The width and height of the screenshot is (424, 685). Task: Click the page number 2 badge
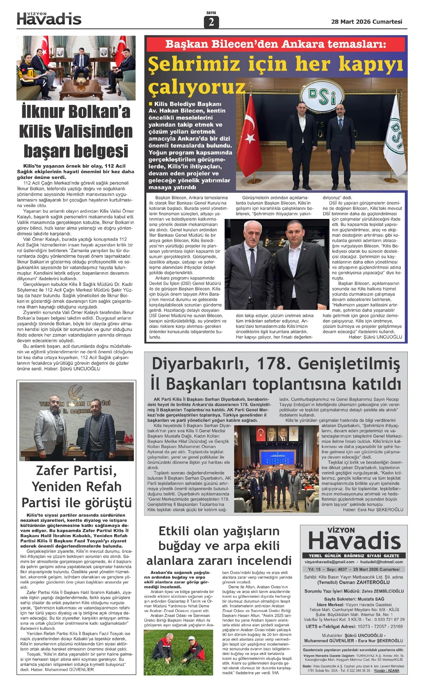[x=211, y=22]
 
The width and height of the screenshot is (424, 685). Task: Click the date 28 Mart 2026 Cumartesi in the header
[x=366, y=22]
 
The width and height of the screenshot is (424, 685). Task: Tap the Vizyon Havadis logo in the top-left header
[x=49, y=19]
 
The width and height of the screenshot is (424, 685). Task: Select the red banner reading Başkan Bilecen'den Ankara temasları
[x=276, y=44]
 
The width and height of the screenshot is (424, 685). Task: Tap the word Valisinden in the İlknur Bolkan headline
[x=76, y=131]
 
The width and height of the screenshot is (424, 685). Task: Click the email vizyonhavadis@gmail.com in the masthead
[x=329, y=562]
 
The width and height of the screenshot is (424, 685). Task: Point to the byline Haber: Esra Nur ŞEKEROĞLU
[x=373, y=510]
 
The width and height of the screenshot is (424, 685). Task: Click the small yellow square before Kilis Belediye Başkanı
[x=151, y=104]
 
